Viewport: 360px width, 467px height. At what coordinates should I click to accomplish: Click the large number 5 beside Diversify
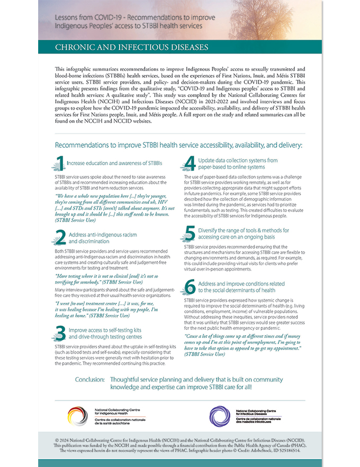[x=189, y=233]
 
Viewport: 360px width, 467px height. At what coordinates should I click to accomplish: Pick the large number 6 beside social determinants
[x=189, y=286]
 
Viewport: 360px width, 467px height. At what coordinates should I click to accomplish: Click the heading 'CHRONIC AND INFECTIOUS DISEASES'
[x=132, y=47]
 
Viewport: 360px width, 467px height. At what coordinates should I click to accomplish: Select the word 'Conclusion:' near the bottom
[x=89, y=380]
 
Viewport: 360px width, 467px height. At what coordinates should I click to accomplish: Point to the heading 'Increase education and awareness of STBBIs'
[x=114, y=163]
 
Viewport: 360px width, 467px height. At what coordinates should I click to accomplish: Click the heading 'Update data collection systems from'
[x=238, y=160]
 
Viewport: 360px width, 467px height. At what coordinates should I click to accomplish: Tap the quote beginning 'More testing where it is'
[x=112, y=280]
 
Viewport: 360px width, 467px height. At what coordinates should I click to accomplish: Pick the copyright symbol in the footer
[x=57, y=440]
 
